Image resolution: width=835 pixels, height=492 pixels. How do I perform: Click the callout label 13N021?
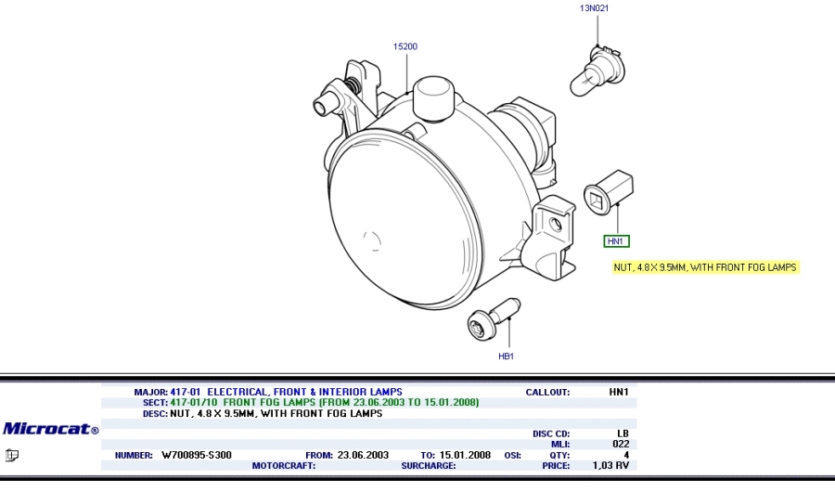point(594,8)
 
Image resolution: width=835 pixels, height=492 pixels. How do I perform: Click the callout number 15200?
point(405,46)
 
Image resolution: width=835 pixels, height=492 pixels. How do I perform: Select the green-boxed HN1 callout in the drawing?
point(616,241)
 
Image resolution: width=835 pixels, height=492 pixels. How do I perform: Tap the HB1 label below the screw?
point(506,356)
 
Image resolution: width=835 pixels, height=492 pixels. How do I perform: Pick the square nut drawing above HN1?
point(609,193)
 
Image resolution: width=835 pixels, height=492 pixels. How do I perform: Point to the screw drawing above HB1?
point(494,318)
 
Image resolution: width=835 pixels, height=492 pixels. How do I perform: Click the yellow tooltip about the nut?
point(706,267)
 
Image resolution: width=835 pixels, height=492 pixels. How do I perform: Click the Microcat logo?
point(51,429)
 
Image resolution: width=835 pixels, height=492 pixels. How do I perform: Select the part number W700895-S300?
point(197,455)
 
